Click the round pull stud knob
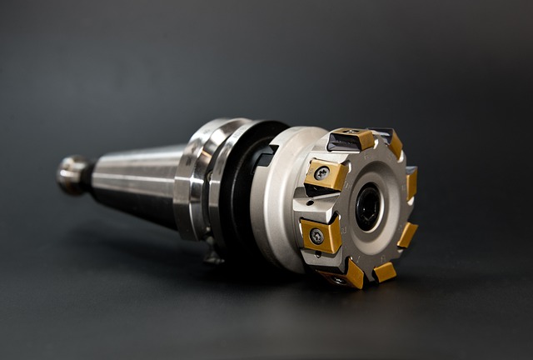(x=72, y=173)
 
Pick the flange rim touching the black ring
(x=219, y=180)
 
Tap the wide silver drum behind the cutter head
(x=275, y=200)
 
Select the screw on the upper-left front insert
(x=321, y=173)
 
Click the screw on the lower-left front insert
(x=316, y=236)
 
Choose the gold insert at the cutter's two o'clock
(x=410, y=182)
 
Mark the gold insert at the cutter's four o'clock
(x=407, y=235)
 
